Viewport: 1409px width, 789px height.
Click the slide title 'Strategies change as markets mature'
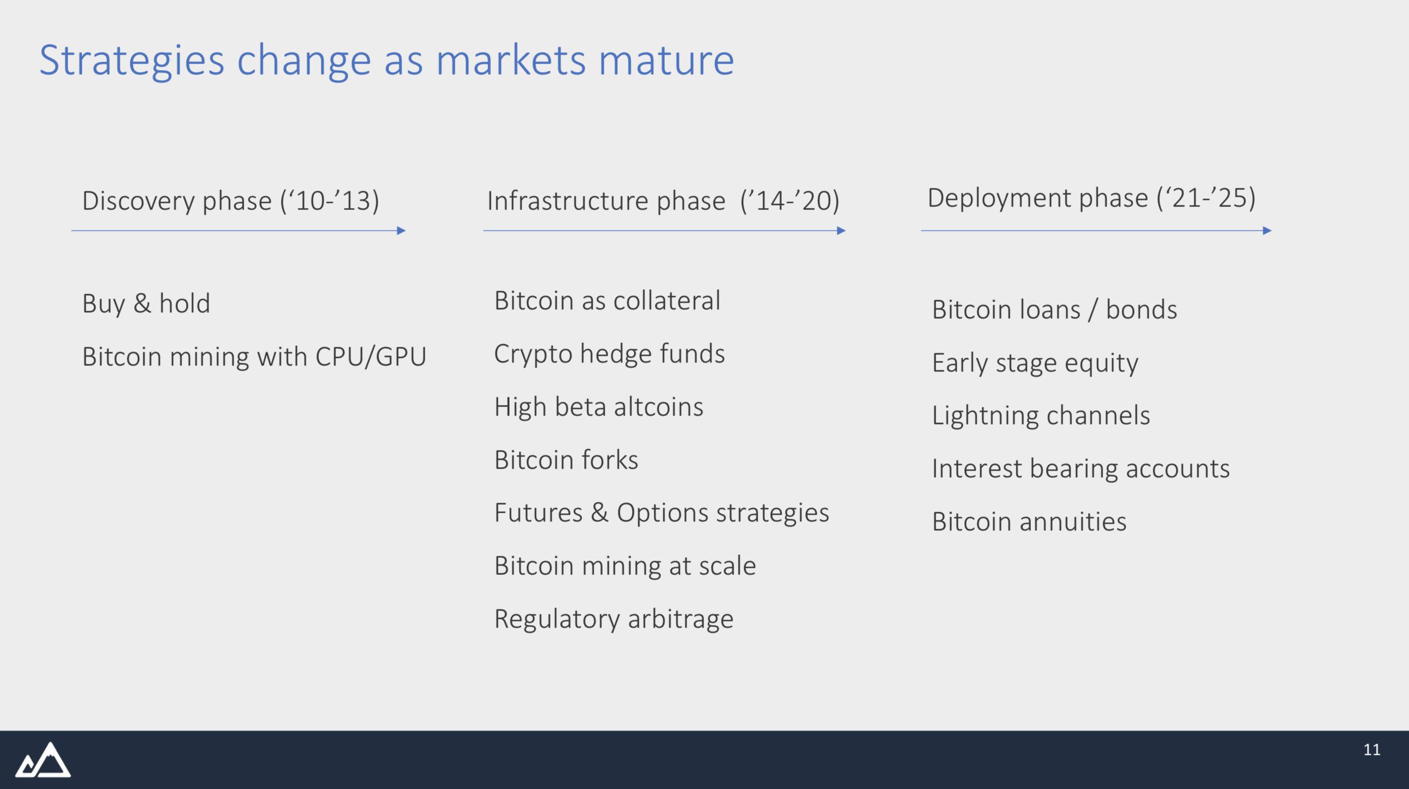(x=386, y=62)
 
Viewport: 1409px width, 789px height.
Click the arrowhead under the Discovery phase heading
(x=402, y=231)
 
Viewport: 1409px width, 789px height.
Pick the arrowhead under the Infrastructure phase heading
(x=841, y=231)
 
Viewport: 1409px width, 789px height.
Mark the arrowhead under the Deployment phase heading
(x=1267, y=231)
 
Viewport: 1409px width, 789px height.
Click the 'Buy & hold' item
(x=146, y=303)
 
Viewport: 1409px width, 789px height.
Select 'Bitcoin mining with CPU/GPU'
(x=254, y=357)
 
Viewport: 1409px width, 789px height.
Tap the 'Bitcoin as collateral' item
(x=607, y=300)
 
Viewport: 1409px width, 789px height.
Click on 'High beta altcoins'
(x=598, y=407)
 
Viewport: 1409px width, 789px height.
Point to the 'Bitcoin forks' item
(x=566, y=460)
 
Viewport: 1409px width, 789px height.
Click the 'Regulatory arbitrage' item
(x=614, y=620)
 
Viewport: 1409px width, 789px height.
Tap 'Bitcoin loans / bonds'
(x=1054, y=309)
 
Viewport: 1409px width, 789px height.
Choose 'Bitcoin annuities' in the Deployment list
(x=1029, y=522)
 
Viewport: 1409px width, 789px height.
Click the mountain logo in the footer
(x=43, y=759)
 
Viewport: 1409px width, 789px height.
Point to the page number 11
(x=1372, y=749)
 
